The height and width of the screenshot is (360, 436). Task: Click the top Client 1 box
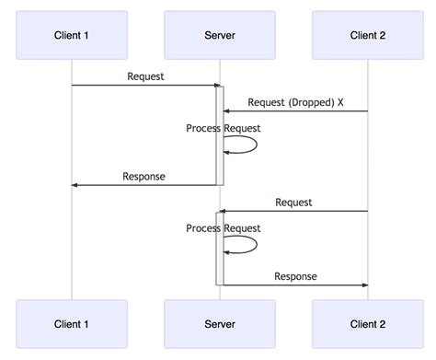(72, 35)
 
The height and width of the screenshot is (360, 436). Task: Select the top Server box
(219, 35)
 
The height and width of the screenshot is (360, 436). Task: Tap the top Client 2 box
(368, 35)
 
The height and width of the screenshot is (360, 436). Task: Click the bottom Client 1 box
(72, 324)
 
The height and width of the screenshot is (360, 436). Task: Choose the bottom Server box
(219, 324)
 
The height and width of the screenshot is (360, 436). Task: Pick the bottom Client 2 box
(368, 324)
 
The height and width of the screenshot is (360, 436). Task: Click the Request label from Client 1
(145, 76)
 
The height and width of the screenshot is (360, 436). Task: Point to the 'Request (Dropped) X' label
(295, 102)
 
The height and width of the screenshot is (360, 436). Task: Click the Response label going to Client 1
(144, 176)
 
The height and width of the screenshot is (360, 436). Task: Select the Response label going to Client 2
(295, 276)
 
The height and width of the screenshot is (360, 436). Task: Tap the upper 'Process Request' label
(223, 128)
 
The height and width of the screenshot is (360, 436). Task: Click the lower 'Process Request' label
(223, 228)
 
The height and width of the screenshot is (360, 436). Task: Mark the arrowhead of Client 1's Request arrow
(212, 86)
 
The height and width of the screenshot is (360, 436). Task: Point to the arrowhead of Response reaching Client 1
(76, 185)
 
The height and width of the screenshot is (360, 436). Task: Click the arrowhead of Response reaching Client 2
(363, 285)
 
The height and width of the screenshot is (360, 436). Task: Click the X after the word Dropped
(340, 102)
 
